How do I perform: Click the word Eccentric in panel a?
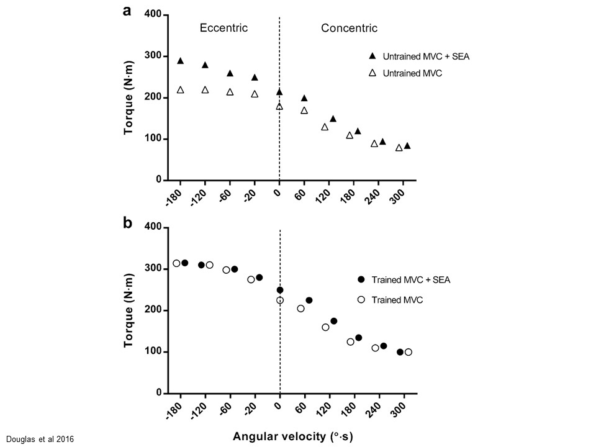coord(223,28)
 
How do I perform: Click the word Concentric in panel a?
coord(349,28)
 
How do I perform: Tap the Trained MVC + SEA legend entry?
coord(410,279)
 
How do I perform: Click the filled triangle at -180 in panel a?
coord(181,61)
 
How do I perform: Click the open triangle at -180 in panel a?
coord(181,90)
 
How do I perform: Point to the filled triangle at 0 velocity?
coord(279,92)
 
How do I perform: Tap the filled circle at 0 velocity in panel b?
coord(280,290)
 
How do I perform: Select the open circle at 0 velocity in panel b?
coord(280,300)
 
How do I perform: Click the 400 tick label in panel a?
coord(153,15)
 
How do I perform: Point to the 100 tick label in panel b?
coord(153,352)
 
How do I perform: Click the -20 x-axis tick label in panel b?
coord(251,410)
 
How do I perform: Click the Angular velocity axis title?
coord(293,437)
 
